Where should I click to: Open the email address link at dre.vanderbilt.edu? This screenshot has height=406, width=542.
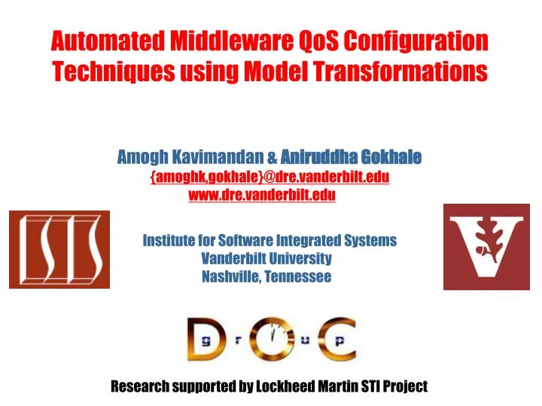pyautogui.click(x=270, y=177)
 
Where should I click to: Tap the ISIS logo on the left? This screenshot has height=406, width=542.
pyautogui.click(x=59, y=249)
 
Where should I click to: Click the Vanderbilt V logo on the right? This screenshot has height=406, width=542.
pyautogui.click(x=486, y=247)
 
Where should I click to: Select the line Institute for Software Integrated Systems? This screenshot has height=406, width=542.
pyautogui.click(x=269, y=241)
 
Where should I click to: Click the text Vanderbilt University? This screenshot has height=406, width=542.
pyautogui.click(x=266, y=259)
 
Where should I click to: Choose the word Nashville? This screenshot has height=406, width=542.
pyautogui.click(x=230, y=277)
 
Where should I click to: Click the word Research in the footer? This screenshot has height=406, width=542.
pyautogui.click(x=140, y=387)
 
